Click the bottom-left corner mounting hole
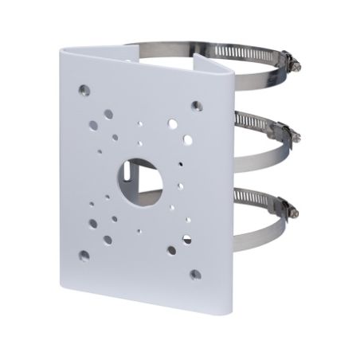pos(84,255)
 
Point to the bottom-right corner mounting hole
pos(194,275)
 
